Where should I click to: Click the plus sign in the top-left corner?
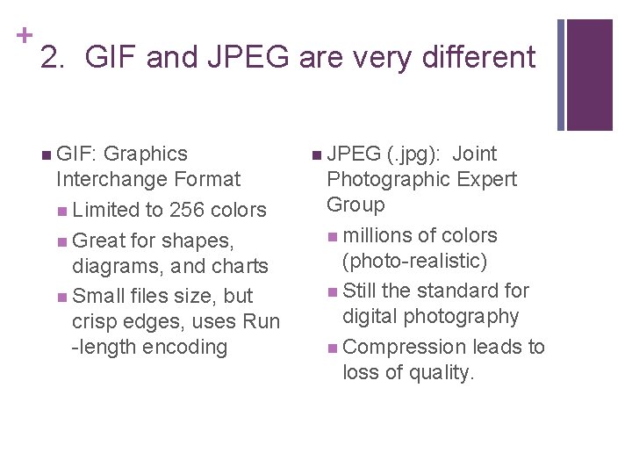click(x=24, y=35)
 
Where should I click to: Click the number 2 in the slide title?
click(x=50, y=59)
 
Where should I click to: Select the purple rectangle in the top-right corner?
click(x=589, y=74)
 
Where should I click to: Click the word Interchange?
click(x=111, y=179)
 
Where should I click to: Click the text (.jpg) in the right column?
click(x=415, y=154)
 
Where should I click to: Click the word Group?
click(x=355, y=205)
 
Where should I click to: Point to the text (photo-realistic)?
click(x=414, y=261)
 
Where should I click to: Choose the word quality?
click(x=441, y=372)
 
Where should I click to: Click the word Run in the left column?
click(x=261, y=321)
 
